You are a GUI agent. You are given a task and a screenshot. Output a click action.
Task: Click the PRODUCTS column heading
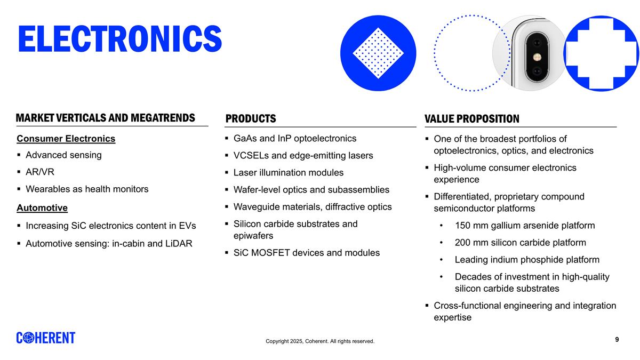pyautogui.click(x=251, y=118)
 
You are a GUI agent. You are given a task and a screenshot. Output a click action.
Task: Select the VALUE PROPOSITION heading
pyautogui.click(x=471, y=118)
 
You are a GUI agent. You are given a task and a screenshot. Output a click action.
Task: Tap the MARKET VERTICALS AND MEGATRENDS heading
pyautogui.click(x=105, y=118)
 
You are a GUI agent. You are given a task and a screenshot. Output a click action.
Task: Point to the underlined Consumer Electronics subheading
pyautogui.click(x=66, y=139)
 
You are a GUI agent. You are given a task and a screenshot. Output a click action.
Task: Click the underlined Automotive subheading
pyautogui.click(x=42, y=207)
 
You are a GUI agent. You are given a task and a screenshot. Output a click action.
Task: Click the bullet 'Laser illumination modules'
pyautogui.click(x=289, y=173)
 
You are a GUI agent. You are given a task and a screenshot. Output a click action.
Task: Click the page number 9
pyautogui.click(x=617, y=340)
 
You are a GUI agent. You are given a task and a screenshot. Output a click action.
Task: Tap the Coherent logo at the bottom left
pyautogui.click(x=46, y=338)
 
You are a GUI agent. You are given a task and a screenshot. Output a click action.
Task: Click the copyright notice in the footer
pyautogui.click(x=320, y=341)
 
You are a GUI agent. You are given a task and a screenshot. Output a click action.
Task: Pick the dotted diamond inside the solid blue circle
pyautogui.click(x=378, y=53)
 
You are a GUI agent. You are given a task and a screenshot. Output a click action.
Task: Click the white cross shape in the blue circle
pyautogui.click(x=601, y=53)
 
